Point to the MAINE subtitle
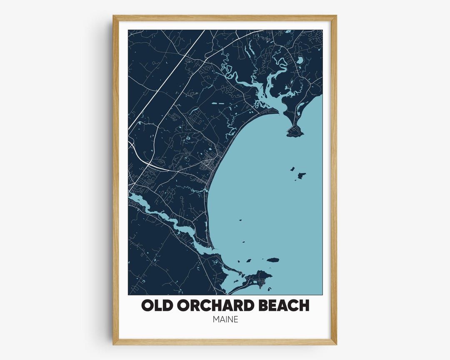point(225,320)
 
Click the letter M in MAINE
point(216,320)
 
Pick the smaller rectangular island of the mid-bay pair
point(292,169)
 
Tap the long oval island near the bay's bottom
point(272,260)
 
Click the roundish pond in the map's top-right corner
point(300,60)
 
